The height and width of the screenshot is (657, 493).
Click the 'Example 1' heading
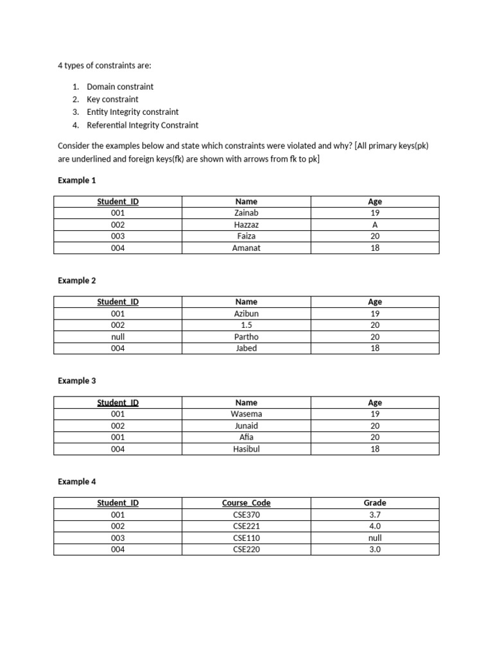[76, 180]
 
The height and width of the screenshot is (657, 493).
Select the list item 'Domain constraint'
[120, 87]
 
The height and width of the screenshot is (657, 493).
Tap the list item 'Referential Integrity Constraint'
[143, 125]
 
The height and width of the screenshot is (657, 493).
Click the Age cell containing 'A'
[375, 225]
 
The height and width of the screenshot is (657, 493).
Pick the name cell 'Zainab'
[246, 213]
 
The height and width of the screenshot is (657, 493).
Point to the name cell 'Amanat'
[246, 248]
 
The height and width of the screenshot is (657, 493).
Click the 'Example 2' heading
[76, 280]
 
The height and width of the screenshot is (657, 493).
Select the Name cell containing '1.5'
[246, 325]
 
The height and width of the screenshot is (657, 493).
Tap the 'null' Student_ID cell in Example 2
[117, 337]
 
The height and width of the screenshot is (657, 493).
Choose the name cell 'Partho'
[246, 337]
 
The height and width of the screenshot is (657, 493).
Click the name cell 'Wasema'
[246, 414]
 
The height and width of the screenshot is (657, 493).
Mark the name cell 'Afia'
[246, 438]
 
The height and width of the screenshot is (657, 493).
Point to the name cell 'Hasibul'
[246, 449]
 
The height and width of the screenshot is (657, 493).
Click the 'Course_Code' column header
[246, 503]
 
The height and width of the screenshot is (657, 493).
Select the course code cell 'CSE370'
[246, 515]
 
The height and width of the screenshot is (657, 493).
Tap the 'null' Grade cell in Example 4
[375, 538]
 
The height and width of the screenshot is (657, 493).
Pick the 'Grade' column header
[375, 503]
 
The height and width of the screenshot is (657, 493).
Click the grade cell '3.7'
[375, 515]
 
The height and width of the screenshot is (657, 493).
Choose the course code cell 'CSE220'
[246, 550]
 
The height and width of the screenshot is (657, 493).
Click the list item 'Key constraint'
[112, 99]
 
